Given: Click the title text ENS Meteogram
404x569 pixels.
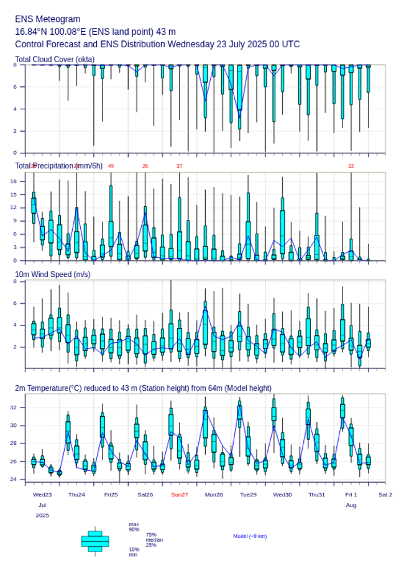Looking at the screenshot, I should click(48, 19).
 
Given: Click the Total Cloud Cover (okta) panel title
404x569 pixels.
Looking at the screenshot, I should click(55, 60).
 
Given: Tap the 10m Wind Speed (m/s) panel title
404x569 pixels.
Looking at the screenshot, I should click(52, 274).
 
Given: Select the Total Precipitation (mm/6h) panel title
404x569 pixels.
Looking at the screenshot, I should click(59, 165).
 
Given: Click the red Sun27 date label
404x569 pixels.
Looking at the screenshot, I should click(180, 494).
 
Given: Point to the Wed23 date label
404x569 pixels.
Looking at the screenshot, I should click(42, 494).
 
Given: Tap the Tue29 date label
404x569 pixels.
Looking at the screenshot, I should click(248, 494).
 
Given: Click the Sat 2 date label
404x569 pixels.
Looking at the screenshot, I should click(385, 494).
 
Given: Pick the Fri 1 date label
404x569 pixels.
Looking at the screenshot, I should click(351, 494).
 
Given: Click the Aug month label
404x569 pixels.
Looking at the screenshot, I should click(351, 506).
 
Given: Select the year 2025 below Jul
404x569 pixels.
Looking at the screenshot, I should click(42, 516).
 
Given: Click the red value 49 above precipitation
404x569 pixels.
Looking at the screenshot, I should click(111, 166).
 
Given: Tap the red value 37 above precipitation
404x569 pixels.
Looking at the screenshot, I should click(180, 166).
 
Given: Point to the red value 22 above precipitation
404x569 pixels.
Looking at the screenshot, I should click(351, 166).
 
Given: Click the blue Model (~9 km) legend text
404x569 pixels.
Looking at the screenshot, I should click(250, 536).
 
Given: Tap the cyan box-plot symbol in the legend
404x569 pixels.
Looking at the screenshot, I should click(95, 541).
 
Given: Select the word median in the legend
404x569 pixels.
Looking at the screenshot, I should click(155, 540).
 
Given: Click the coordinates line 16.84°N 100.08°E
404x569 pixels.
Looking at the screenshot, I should click(96, 32).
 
